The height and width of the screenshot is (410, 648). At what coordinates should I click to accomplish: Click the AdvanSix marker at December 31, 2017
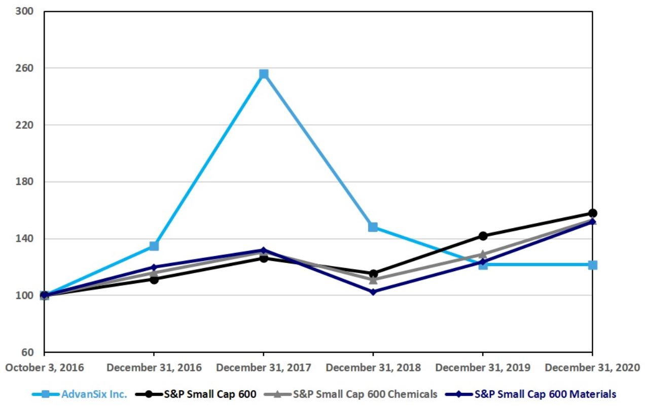(x=264, y=74)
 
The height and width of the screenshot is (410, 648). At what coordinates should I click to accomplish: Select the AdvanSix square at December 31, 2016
(x=154, y=246)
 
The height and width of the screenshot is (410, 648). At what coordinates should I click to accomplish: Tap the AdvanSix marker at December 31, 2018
(x=373, y=227)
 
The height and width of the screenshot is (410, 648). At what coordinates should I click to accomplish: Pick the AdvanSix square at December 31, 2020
(x=592, y=265)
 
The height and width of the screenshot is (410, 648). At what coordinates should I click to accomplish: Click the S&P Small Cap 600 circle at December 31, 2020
(x=592, y=213)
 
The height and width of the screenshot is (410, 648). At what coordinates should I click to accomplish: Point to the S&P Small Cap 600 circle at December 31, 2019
(x=483, y=236)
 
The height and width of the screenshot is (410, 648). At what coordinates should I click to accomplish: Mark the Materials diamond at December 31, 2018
(x=373, y=292)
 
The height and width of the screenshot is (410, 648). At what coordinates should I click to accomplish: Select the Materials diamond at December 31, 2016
(x=154, y=267)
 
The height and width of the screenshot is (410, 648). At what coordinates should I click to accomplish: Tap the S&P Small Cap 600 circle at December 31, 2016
(x=154, y=279)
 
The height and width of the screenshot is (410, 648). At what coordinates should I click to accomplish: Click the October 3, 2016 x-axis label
(x=45, y=367)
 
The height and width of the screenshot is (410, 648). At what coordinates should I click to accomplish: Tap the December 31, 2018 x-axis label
(x=373, y=367)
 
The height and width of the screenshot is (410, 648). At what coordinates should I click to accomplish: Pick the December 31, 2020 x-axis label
(x=592, y=367)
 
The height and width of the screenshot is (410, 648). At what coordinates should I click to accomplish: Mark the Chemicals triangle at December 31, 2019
(x=483, y=254)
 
